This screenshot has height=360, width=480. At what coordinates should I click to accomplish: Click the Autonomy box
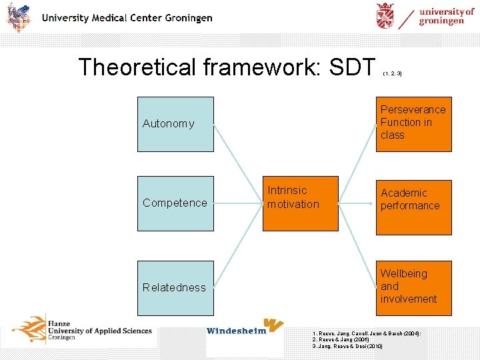(175, 123)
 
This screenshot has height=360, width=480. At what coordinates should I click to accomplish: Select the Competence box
(175, 203)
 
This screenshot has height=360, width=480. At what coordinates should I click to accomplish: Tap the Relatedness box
(175, 287)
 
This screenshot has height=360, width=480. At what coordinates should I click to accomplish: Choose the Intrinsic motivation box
(300, 203)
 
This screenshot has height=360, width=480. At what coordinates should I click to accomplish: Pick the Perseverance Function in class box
(413, 124)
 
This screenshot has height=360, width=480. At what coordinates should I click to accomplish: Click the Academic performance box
(413, 207)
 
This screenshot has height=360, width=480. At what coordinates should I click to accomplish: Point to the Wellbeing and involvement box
(413, 287)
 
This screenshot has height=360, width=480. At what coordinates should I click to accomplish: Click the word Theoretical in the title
(134, 67)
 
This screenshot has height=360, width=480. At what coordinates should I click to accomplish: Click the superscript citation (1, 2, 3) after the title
(393, 73)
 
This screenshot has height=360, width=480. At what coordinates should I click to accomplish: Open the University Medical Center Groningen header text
(127, 18)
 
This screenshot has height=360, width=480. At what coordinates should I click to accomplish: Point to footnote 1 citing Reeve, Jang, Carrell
(366, 333)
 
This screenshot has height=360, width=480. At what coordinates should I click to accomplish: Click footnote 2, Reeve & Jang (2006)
(340, 339)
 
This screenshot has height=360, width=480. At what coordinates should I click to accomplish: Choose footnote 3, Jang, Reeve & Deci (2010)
(347, 347)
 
